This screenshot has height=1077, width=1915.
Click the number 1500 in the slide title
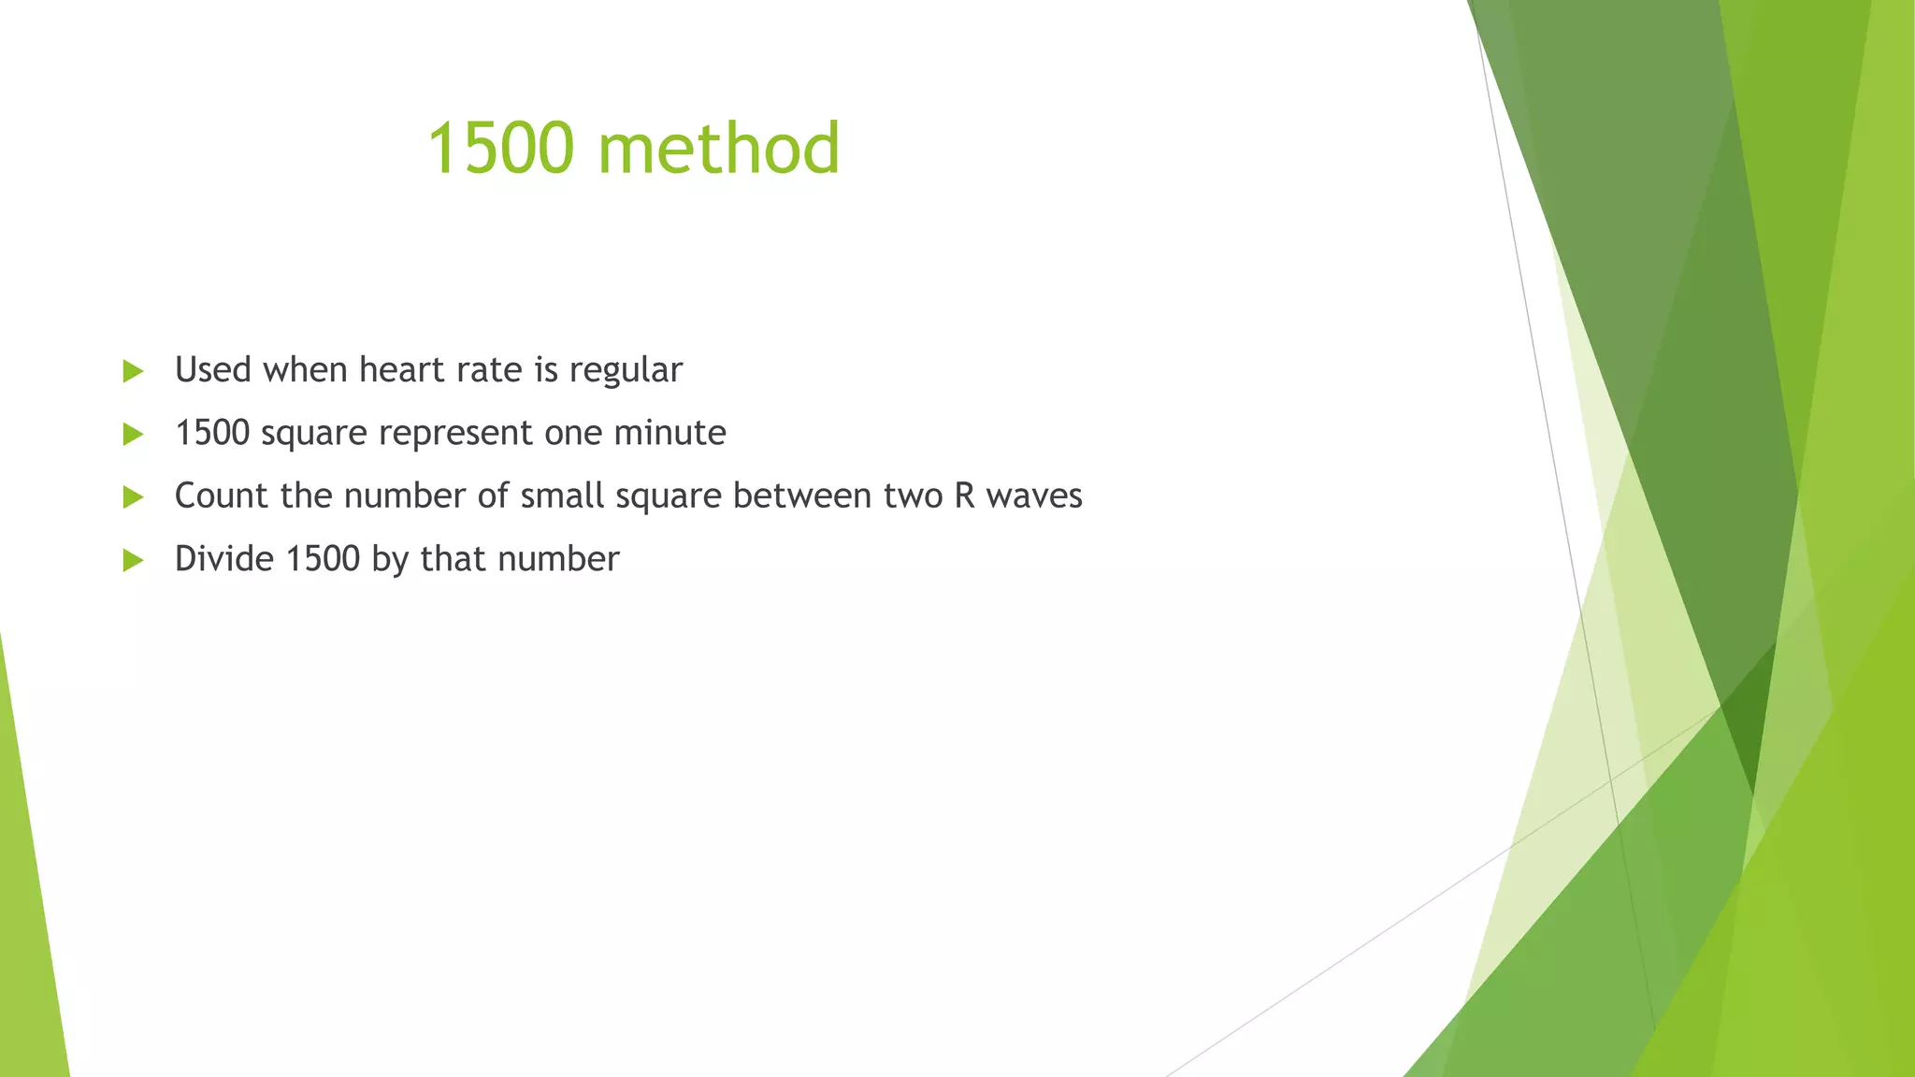tap(499, 150)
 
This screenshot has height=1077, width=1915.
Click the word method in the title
tap(719, 150)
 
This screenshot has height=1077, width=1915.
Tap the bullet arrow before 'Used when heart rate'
tap(133, 371)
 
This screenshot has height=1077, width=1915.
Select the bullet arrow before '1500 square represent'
tap(133, 434)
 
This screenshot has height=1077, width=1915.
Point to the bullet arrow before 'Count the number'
tap(133, 496)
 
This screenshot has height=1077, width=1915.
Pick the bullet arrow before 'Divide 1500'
tap(133, 560)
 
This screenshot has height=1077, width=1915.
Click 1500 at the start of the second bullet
tap(212, 433)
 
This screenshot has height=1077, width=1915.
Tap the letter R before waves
tap(964, 495)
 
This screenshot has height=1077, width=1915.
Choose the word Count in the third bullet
tap(222, 495)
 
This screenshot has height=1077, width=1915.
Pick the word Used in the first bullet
tap(213, 369)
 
